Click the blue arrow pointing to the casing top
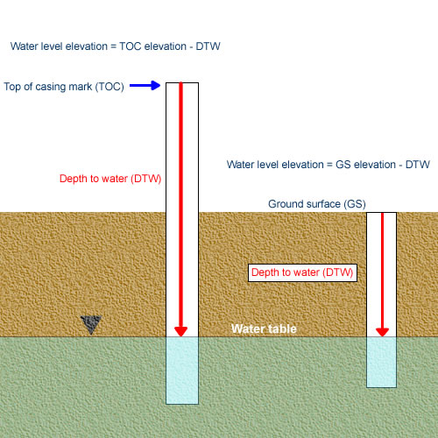click(x=145, y=86)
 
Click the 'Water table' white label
click(x=264, y=328)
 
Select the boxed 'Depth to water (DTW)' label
click(x=302, y=272)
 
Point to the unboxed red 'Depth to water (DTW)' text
click(x=110, y=179)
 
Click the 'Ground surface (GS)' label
click(x=317, y=204)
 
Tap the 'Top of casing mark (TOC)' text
click(x=64, y=87)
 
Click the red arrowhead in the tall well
click(x=180, y=331)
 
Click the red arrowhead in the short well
click(x=382, y=332)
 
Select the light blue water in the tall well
click(x=182, y=371)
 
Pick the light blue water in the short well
click(x=381, y=362)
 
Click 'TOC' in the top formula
click(x=131, y=46)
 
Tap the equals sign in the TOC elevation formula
click(x=113, y=46)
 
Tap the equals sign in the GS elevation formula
click(x=329, y=165)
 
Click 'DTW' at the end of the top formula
click(x=208, y=46)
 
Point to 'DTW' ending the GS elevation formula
click(x=418, y=165)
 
